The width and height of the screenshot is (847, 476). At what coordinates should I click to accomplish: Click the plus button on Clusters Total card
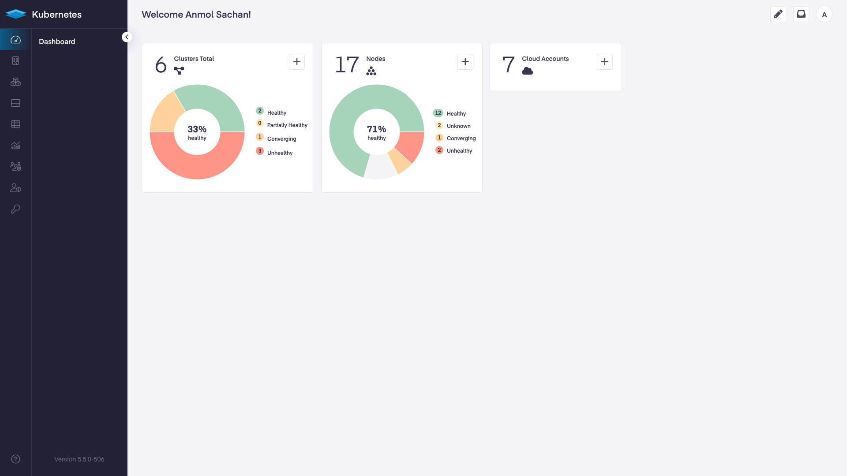(x=297, y=62)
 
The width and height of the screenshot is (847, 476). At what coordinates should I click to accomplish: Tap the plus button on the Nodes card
(x=465, y=62)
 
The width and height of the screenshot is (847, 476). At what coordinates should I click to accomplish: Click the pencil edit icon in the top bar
(x=778, y=14)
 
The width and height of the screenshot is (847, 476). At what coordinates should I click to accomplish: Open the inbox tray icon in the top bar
(x=801, y=14)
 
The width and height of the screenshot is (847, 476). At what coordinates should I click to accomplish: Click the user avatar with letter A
(x=824, y=15)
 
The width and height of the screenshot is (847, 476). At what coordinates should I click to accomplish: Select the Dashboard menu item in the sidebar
(x=57, y=41)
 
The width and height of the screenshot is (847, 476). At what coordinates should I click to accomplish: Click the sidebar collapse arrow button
(x=127, y=37)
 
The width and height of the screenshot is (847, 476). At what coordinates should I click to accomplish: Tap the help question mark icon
(x=15, y=459)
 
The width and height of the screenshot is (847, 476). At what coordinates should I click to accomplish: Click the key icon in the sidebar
(x=15, y=209)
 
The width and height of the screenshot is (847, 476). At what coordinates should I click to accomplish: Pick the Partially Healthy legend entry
(x=287, y=125)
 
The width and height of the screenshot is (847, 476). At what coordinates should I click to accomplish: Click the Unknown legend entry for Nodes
(x=458, y=126)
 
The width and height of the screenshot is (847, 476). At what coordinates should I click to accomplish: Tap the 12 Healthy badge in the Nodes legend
(x=438, y=113)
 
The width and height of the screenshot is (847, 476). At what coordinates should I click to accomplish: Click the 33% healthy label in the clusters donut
(x=197, y=132)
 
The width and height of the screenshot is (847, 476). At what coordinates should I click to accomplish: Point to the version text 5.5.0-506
(x=79, y=459)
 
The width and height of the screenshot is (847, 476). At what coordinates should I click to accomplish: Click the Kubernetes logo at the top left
(x=16, y=14)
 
